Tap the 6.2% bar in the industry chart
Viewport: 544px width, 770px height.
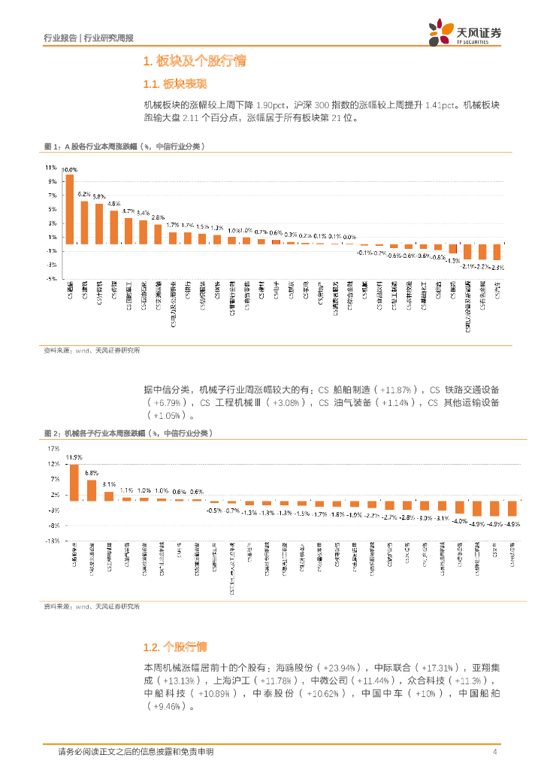pos(85,223)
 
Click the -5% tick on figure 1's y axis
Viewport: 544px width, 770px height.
pos(51,279)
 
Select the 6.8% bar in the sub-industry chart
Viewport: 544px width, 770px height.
pos(92,490)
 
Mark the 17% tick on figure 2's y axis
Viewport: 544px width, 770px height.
pos(53,449)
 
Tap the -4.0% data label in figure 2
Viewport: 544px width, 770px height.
pos(459,520)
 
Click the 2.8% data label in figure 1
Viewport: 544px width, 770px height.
pos(158,217)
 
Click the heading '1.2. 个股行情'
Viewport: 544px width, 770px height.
pos(174,647)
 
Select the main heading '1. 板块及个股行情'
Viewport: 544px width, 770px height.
pos(194,62)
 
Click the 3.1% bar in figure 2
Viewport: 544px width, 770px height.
pos(109,496)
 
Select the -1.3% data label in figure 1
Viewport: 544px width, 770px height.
pos(452,260)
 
